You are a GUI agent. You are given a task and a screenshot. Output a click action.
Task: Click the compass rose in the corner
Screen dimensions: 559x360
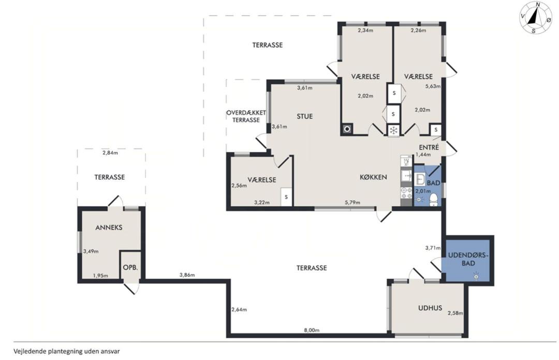coord(536,18)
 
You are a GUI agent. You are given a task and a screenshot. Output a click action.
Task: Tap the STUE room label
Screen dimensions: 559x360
coord(304,116)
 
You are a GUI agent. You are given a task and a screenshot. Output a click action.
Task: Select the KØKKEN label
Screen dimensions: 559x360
coord(373,177)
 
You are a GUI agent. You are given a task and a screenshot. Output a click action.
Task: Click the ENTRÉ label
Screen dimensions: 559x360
coord(429,147)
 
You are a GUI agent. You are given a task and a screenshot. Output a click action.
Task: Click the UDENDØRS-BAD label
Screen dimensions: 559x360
coord(468,259)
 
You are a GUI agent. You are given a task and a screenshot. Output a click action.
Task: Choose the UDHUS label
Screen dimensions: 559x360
coord(430,308)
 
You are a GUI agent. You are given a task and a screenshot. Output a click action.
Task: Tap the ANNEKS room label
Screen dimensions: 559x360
coord(109,228)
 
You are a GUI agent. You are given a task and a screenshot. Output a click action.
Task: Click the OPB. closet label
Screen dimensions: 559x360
coord(130,267)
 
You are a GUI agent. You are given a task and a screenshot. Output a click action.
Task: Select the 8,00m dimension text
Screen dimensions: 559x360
coord(312,330)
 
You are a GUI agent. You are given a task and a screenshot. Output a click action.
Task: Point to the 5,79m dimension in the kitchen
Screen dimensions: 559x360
coord(352,202)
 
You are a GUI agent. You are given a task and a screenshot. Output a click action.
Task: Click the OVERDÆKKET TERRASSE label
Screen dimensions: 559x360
coord(246,116)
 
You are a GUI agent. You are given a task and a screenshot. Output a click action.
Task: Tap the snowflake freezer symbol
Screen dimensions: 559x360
coord(393,130)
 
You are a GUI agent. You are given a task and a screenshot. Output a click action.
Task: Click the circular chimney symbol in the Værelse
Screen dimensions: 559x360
coord(347,129)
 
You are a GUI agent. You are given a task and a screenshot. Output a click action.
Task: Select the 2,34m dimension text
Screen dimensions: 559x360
coord(365,31)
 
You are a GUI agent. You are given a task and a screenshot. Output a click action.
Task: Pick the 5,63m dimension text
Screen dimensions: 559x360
coord(433,86)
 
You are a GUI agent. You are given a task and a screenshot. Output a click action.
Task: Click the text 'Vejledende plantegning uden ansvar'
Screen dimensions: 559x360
coord(67,351)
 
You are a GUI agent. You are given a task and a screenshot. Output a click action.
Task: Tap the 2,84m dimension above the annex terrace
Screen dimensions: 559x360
coord(110,153)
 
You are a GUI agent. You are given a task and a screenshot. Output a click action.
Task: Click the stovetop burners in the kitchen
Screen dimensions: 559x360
coord(406,192)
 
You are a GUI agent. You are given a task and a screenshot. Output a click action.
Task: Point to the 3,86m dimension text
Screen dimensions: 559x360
coord(187,275)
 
